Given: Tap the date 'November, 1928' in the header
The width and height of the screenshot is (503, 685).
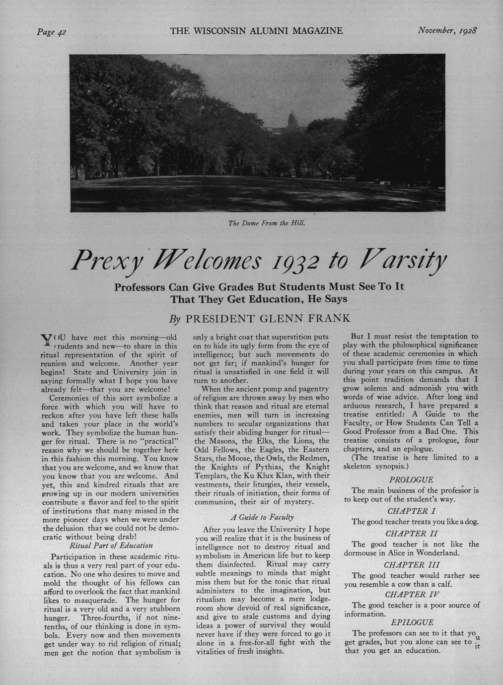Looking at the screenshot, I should click(x=446, y=31).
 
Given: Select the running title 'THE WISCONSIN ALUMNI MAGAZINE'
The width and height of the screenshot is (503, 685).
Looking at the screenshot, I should click(x=256, y=31).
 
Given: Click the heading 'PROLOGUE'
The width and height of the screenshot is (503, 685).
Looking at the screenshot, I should click(x=411, y=480).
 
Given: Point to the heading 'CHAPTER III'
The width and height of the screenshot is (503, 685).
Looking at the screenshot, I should click(x=411, y=565).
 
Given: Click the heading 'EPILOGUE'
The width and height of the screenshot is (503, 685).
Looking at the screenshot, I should click(x=412, y=622).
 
